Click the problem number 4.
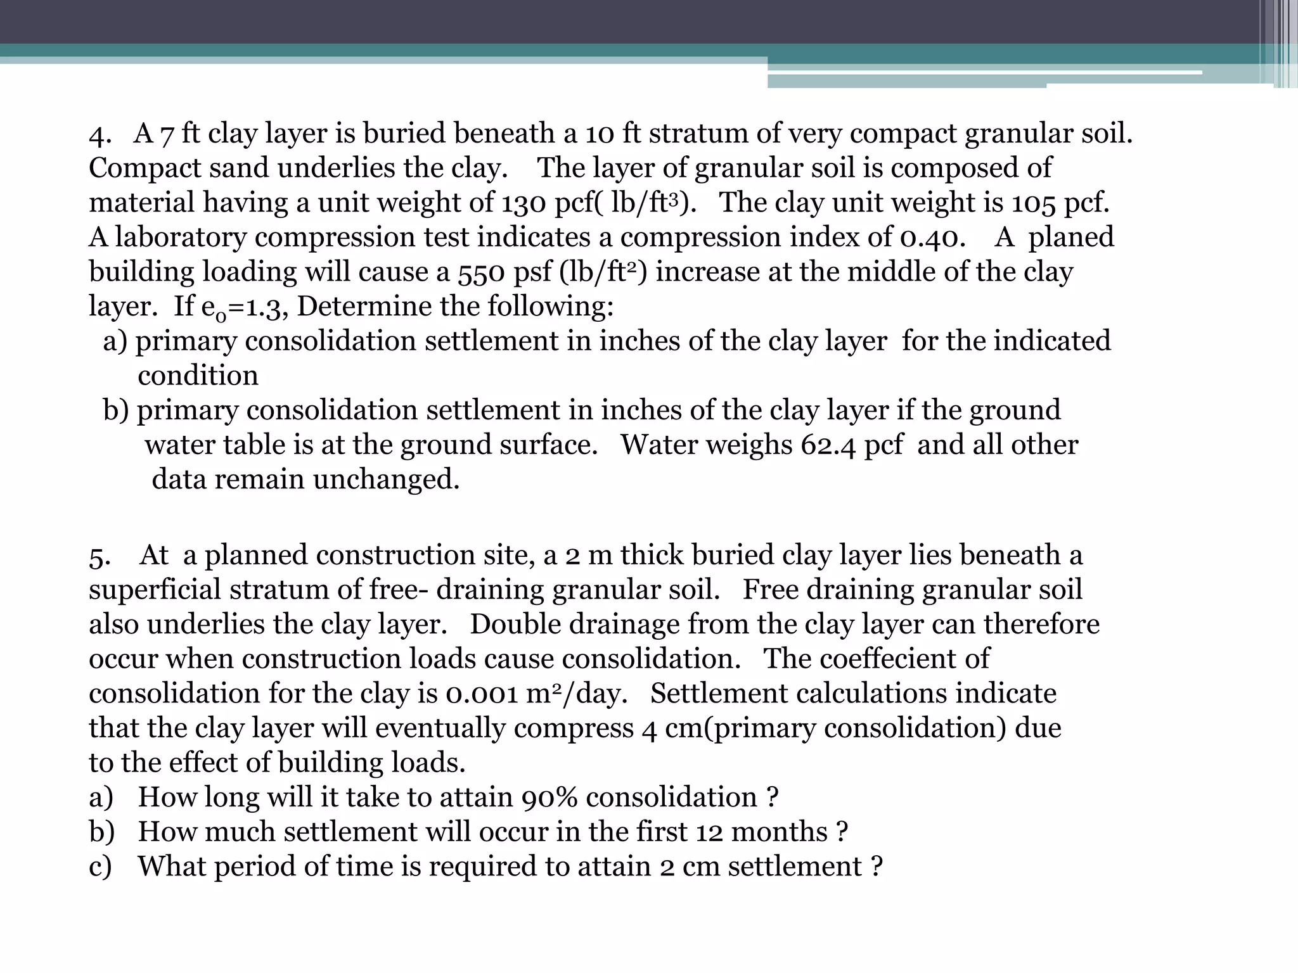[x=99, y=134]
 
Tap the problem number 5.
[x=99, y=556]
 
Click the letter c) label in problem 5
[x=100, y=867]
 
